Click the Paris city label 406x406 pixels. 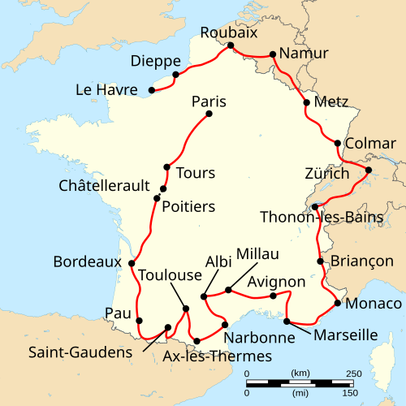[209, 102]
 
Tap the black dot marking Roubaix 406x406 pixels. [231, 45]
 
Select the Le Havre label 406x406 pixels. [106, 89]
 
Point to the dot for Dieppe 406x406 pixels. [175, 76]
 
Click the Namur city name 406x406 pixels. [304, 54]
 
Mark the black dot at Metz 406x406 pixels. [306, 103]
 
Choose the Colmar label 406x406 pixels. [370, 144]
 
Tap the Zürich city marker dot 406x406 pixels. [368, 171]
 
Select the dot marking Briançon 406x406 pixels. [320, 261]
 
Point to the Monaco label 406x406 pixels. [374, 304]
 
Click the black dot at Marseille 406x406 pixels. [287, 322]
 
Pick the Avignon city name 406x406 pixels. [277, 282]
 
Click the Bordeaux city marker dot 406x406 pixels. [132, 263]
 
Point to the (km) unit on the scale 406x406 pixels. [299, 373]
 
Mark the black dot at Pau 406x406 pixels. [139, 320]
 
